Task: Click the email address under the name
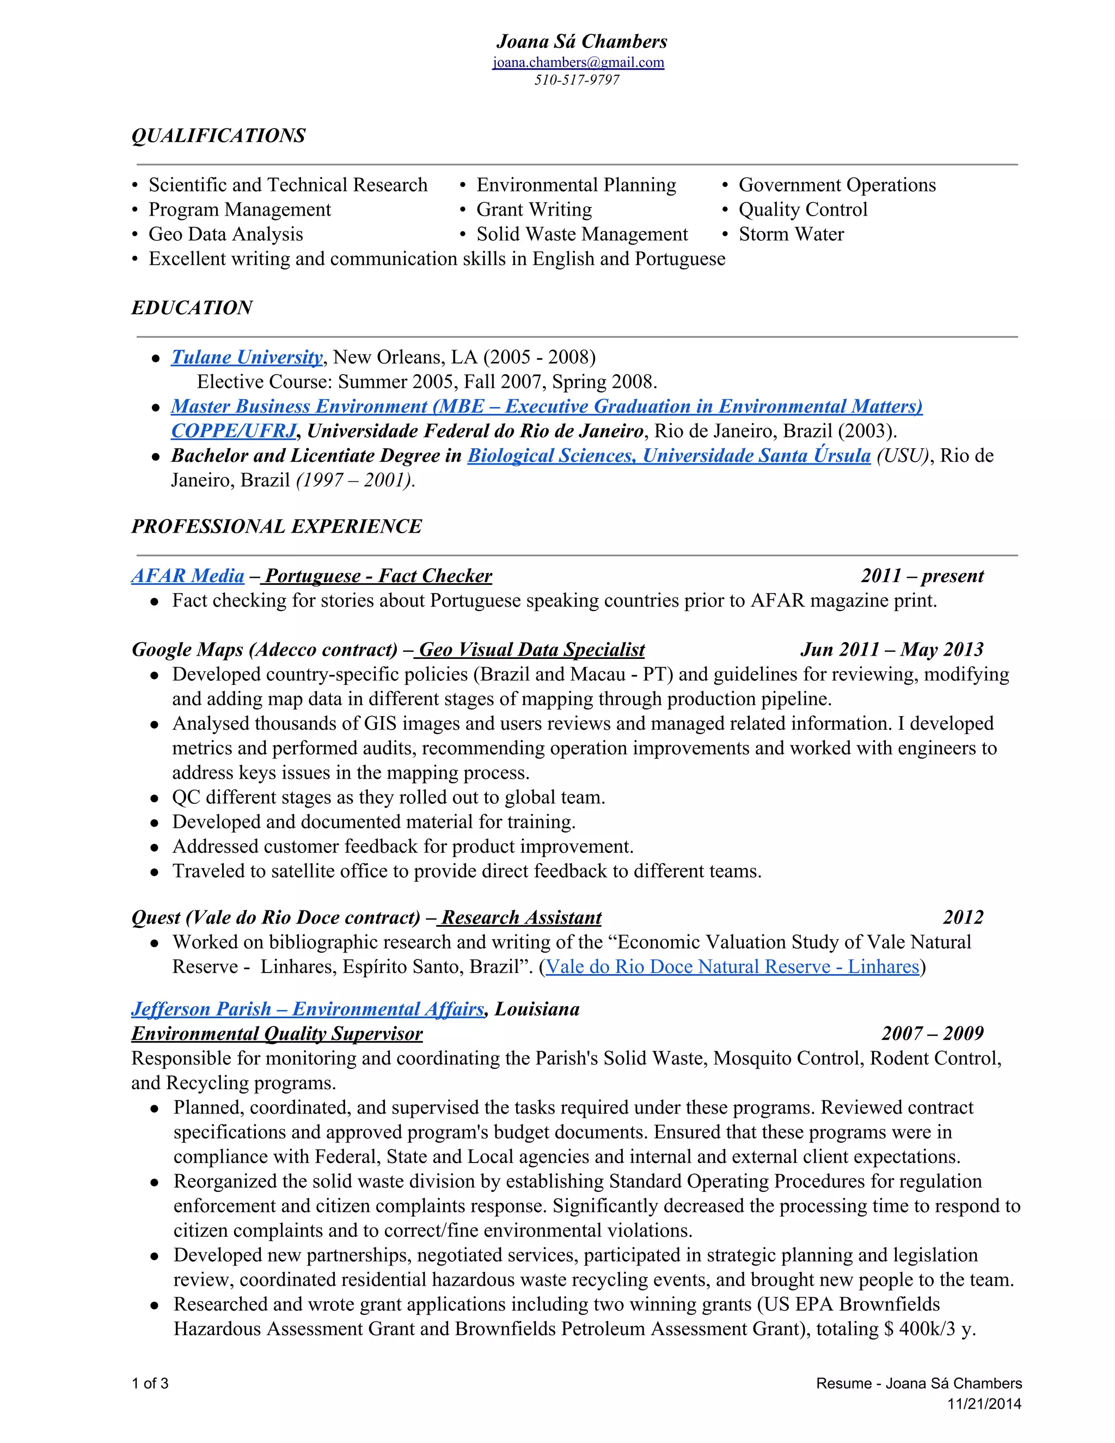pos(578,63)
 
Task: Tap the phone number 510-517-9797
pos(577,81)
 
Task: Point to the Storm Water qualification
pos(791,235)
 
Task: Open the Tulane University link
pos(247,357)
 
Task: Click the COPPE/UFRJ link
pos(233,431)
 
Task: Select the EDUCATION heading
pos(192,308)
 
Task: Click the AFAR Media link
pos(188,576)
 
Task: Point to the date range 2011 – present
pos(922,576)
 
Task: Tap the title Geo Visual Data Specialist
pos(532,650)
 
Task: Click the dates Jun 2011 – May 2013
pos(892,650)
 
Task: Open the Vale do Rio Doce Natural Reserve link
pos(732,967)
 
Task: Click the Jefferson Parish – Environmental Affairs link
pos(307,1010)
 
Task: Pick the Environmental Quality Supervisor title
pos(277,1034)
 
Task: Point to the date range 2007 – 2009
pos(932,1034)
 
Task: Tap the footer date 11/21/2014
pos(984,1404)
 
